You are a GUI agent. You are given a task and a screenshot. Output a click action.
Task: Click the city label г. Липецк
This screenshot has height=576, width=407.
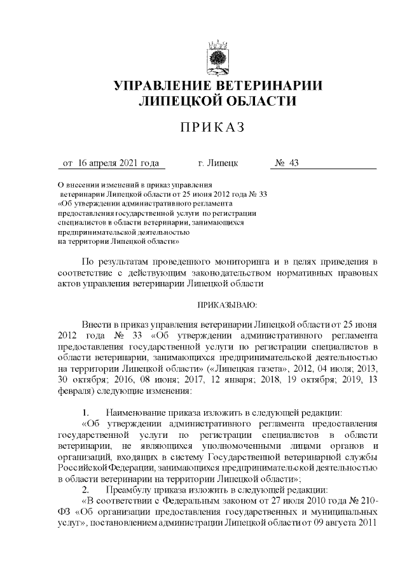click(x=218, y=164)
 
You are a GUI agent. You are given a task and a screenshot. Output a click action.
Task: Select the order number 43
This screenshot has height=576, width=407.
click(x=293, y=164)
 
